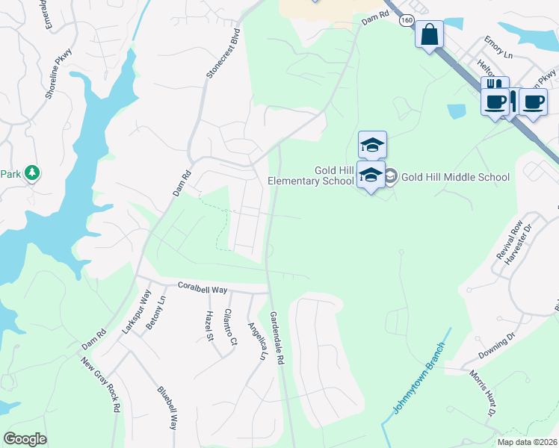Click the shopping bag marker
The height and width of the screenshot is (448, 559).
[430, 34]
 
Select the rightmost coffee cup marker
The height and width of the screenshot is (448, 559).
[533, 102]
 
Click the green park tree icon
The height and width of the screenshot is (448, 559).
[32, 174]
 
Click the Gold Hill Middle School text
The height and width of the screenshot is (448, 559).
[455, 177]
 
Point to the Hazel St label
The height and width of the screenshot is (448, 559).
[209, 326]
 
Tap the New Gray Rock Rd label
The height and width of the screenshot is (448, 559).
[102, 385]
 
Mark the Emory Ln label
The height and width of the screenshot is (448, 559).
[499, 55]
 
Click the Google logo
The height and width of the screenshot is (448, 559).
[25, 439]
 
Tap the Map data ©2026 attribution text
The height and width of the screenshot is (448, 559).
[527, 442]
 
